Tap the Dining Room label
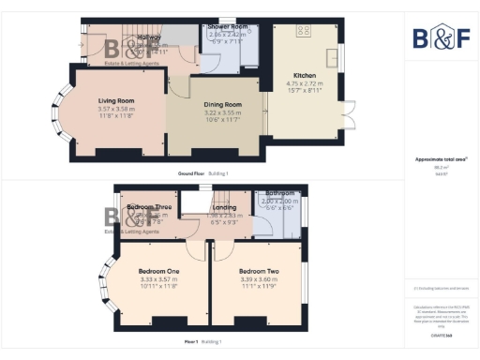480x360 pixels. coord(223,105)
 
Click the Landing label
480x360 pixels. coord(224,206)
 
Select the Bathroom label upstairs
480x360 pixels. coord(279,194)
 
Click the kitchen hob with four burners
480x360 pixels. coord(304,32)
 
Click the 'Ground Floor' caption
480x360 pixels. coord(191,174)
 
